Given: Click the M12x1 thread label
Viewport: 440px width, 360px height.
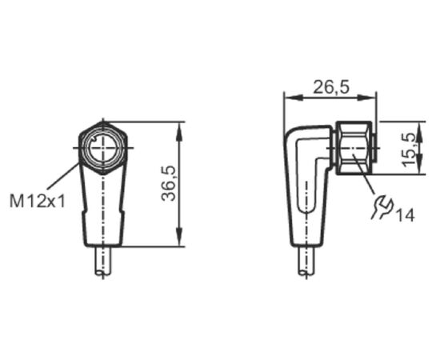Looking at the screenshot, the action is pyautogui.click(x=38, y=201).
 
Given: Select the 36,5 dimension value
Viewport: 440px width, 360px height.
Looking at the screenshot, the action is pyautogui.click(x=168, y=184).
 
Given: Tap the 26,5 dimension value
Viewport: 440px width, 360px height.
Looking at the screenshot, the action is pyautogui.click(x=331, y=86).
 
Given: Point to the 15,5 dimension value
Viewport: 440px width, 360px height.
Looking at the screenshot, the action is pyautogui.click(x=409, y=150).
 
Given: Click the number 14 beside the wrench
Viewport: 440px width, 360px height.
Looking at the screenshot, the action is pyautogui.click(x=405, y=215).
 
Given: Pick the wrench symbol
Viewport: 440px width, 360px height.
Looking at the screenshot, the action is pyautogui.click(x=382, y=207).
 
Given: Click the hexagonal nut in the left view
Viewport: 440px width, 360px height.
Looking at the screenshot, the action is pyautogui.click(x=103, y=148).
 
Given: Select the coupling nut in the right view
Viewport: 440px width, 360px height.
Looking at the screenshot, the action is pyautogui.click(x=355, y=148).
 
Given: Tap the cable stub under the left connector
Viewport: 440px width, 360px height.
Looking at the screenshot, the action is pyautogui.click(x=103, y=261).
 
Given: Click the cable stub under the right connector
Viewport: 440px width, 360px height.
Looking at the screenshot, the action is pyautogui.click(x=306, y=261).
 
